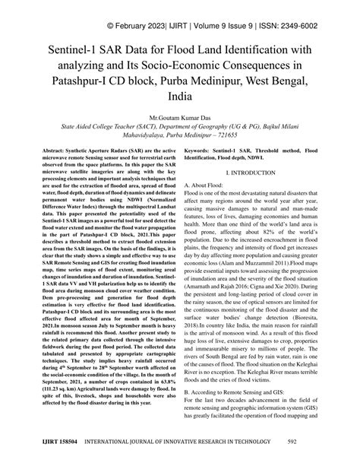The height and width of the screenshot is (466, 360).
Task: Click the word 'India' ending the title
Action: [180, 100]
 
